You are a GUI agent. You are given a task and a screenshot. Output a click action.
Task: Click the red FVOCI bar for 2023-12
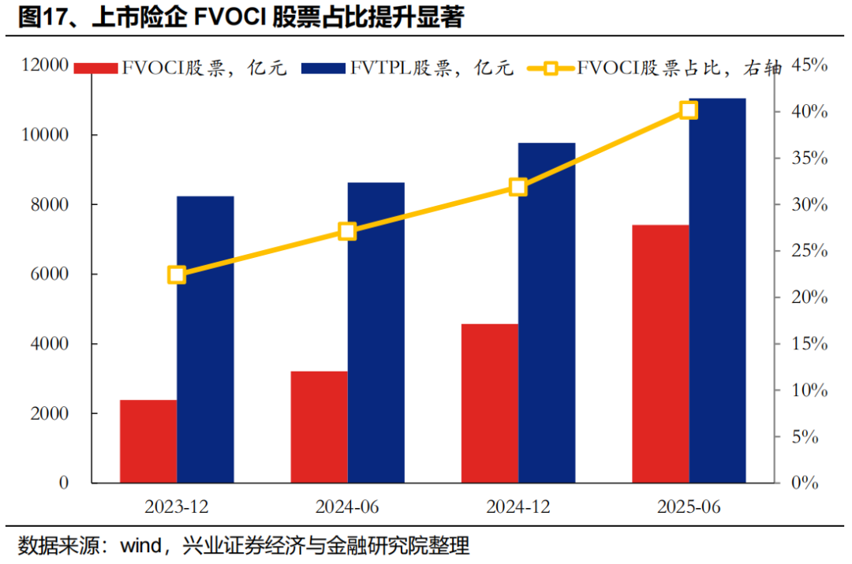pyautogui.click(x=148, y=441)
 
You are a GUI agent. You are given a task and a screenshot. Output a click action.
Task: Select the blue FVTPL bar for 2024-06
pyautogui.click(x=376, y=332)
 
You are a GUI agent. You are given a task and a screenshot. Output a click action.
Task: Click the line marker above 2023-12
pyautogui.click(x=177, y=275)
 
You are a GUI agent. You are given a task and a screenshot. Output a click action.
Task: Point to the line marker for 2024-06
pyautogui.click(x=348, y=231)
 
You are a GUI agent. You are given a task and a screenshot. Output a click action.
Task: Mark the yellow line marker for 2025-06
pyautogui.click(x=689, y=110)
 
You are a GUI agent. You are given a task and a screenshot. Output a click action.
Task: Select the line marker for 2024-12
pyautogui.click(x=518, y=187)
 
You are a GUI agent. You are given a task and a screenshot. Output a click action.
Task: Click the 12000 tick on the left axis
pyautogui.click(x=45, y=65)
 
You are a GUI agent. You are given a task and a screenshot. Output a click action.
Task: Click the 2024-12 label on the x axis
pyautogui.click(x=518, y=506)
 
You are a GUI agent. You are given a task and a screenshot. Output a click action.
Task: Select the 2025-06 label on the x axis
pyautogui.click(x=688, y=506)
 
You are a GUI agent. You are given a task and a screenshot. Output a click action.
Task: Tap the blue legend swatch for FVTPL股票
pyautogui.click(x=323, y=69)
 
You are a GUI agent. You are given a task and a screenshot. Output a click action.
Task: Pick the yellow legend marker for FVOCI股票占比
pyautogui.click(x=551, y=69)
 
